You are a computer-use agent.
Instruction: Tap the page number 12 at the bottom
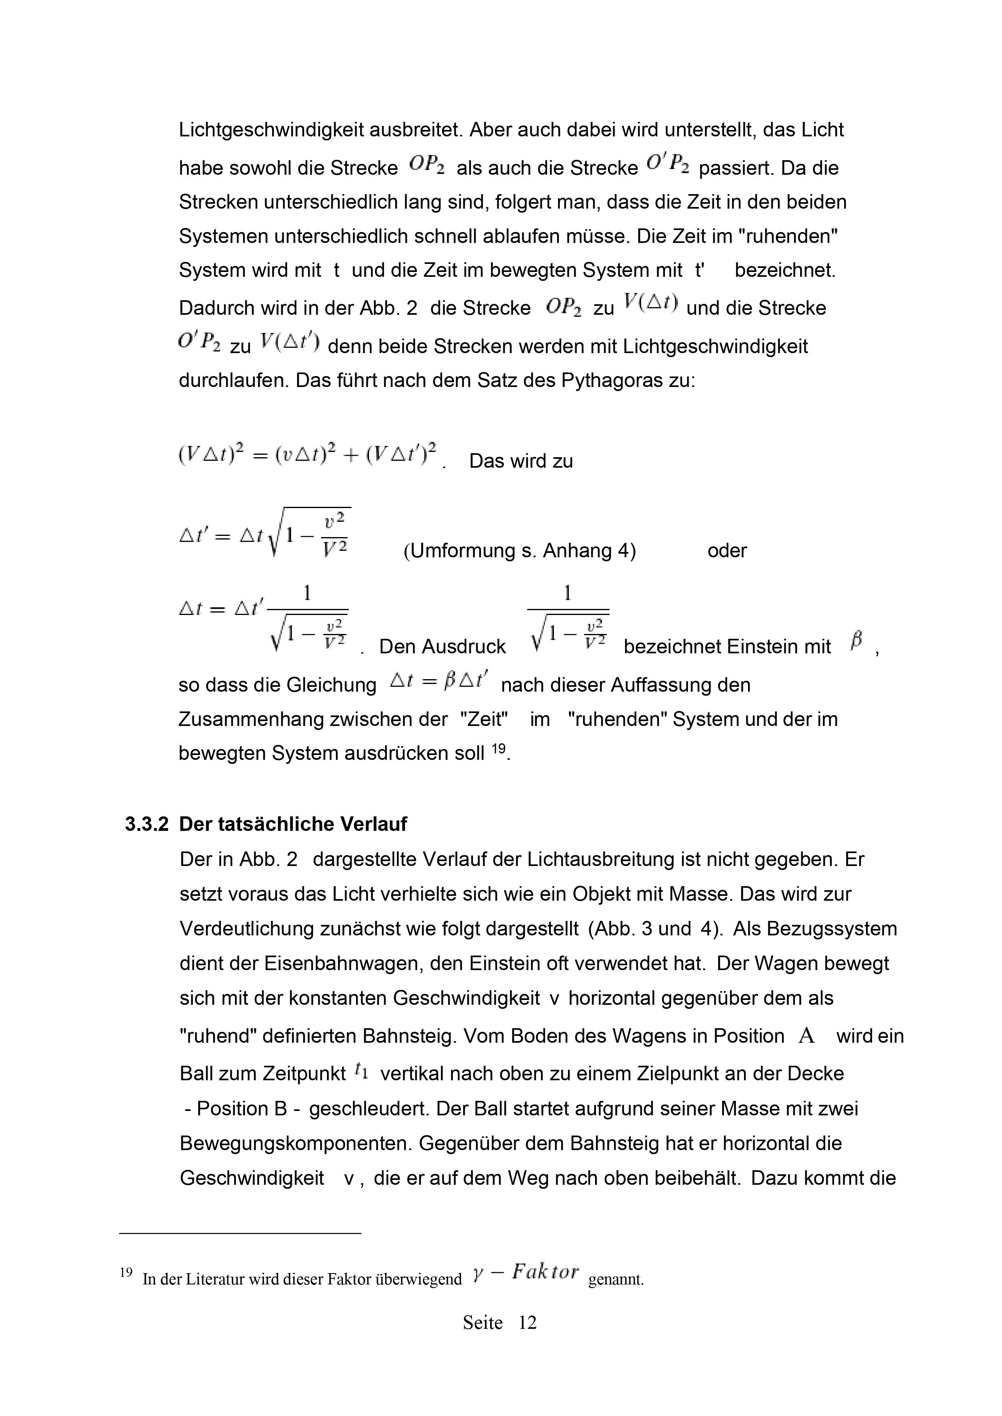point(528,1322)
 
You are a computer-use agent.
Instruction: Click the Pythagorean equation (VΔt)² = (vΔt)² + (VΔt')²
point(307,455)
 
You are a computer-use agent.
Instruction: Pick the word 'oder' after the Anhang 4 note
point(727,551)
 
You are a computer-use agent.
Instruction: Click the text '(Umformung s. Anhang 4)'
point(520,551)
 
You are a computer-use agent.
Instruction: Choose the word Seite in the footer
point(482,1322)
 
